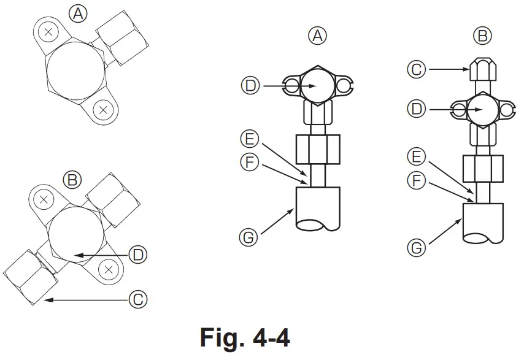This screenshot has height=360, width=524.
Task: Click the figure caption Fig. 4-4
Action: click(245, 337)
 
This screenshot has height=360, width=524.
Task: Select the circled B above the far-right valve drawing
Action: click(484, 37)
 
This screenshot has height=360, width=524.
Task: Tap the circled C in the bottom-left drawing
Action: click(138, 299)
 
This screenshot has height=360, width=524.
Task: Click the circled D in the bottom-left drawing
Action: click(138, 255)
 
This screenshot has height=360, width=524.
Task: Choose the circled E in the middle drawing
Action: click(250, 139)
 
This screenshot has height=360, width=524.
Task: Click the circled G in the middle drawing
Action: click(249, 237)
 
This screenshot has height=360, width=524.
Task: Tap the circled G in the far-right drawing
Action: click(417, 248)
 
